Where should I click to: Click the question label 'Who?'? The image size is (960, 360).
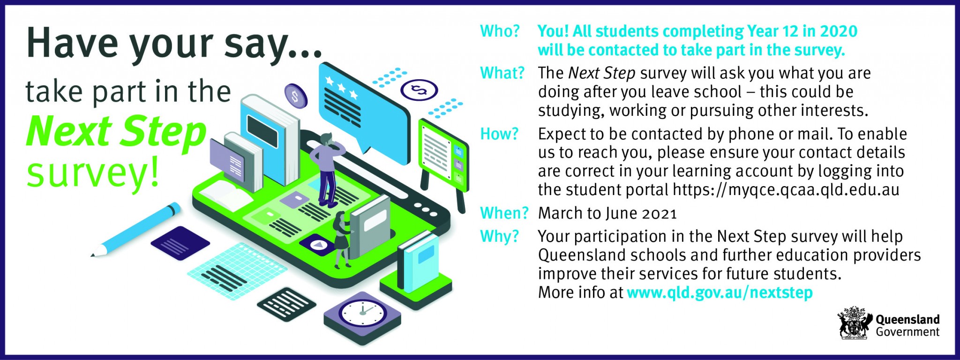pos(500,31)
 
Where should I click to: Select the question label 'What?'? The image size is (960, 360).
pos(502,73)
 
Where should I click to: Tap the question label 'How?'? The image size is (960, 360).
pos(499,134)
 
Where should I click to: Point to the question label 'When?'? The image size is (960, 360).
pos(504,213)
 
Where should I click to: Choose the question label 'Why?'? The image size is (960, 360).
pos(500,236)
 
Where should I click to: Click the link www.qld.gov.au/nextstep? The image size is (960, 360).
pos(720,292)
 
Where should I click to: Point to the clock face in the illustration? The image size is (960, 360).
pos(362,313)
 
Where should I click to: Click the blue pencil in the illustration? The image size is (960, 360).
pos(135,230)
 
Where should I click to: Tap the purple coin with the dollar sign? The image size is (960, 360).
pos(296,96)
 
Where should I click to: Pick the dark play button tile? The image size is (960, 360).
pos(317,244)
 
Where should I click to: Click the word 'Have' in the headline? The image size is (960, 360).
pos(72,43)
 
